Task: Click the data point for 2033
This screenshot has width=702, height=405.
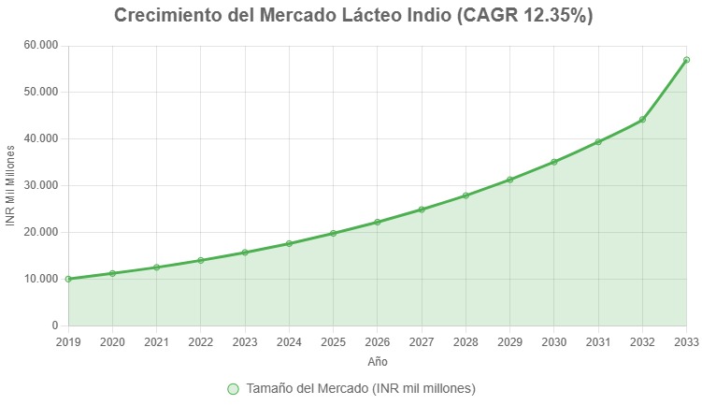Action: coord(686,60)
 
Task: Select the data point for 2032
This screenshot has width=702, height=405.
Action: coord(642,120)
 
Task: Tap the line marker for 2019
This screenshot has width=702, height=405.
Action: coord(68,279)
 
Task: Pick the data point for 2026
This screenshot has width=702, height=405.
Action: coord(378,222)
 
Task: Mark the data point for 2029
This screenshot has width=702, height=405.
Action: coord(509,180)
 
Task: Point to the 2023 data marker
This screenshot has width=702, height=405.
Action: coord(245,253)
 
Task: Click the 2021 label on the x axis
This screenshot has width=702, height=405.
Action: coord(156,342)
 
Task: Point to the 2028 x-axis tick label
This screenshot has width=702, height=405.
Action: coord(466,342)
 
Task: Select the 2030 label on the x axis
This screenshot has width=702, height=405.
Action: coord(553,342)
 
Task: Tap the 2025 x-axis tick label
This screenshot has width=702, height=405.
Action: coord(333,342)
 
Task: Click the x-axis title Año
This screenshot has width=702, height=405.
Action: coord(377,361)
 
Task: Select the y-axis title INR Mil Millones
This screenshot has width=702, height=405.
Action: coord(11,185)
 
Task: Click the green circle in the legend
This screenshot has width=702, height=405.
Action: coord(234,388)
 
